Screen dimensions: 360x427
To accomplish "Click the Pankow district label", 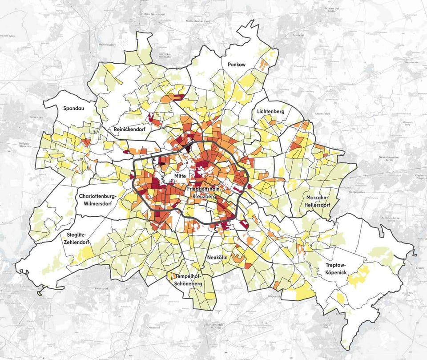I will [236, 65].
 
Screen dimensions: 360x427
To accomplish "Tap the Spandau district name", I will [73, 108].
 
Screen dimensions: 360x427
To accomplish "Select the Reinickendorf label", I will [129, 129].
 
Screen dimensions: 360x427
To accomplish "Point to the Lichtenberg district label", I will [270, 111].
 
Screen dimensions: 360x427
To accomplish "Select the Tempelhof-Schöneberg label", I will [189, 280].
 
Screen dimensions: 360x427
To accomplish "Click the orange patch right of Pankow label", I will [264, 65].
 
